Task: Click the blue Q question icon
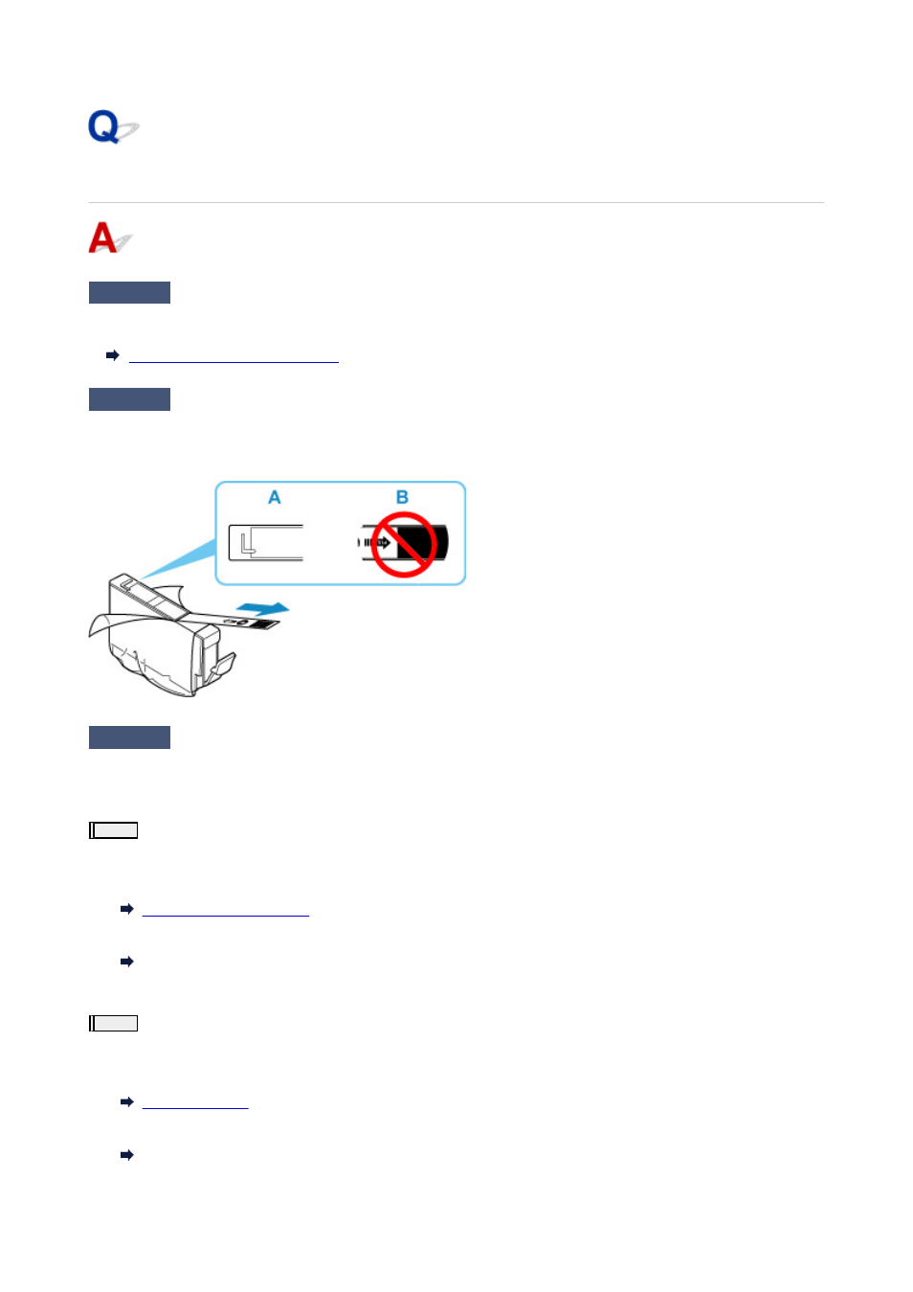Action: pos(112,126)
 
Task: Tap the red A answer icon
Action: pos(109,238)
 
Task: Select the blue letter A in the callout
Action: pos(275,497)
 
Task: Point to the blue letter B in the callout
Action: pos(402,497)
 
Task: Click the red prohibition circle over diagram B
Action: pos(404,545)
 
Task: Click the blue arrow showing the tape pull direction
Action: pos(263,608)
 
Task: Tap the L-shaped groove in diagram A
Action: pos(248,545)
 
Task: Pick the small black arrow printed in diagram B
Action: pos(382,543)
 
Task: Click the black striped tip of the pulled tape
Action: pos(264,624)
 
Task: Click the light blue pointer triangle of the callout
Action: pos(180,558)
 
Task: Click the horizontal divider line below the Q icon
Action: pos(456,202)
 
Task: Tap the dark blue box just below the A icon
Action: pos(129,292)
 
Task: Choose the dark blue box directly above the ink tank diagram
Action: pos(129,399)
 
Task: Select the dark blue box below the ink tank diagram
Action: pos(129,737)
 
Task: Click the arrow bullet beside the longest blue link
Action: pos(112,355)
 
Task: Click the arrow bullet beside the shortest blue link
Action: pos(126,1101)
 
